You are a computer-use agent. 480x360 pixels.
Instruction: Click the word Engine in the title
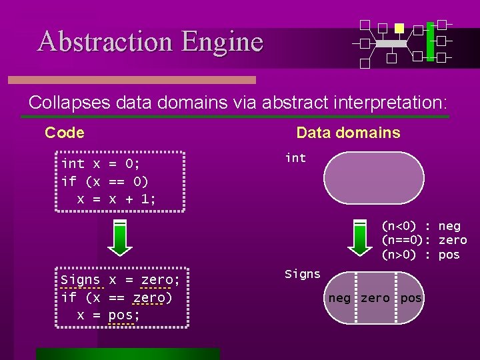(x=222, y=42)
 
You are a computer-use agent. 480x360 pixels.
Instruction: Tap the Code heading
(x=65, y=133)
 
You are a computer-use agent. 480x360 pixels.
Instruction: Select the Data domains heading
(x=348, y=133)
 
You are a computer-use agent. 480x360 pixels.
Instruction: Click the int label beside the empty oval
(x=295, y=158)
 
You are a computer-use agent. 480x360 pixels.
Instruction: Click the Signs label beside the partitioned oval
(x=302, y=274)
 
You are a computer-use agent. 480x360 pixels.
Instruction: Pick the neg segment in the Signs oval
(x=339, y=298)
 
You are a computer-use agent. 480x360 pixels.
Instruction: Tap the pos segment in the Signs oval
(x=410, y=298)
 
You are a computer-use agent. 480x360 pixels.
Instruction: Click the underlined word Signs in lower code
(x=80, y=280)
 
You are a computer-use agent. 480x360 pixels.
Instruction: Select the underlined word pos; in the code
(x=124, y=315)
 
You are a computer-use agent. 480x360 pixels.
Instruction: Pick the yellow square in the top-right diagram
(x=399, y=28)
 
